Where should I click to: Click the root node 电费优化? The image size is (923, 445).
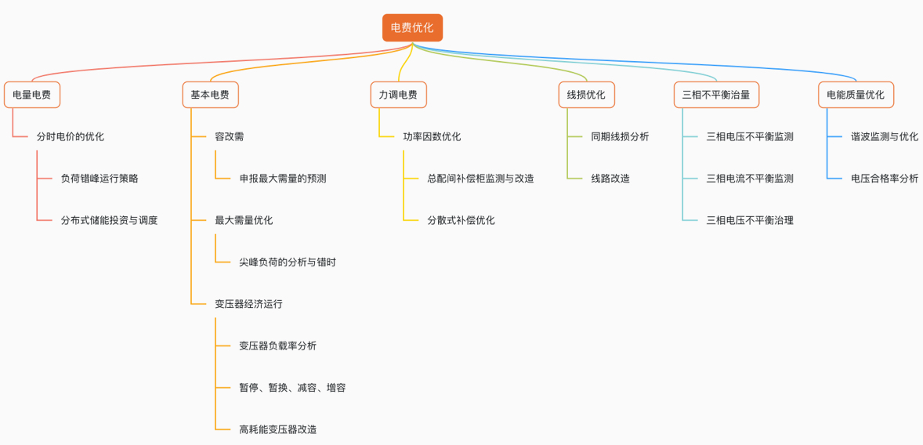click(x=412, y=27)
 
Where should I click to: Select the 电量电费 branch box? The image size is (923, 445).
click(x=32, y=95)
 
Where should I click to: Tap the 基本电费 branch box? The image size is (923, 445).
click(x=210, y=95)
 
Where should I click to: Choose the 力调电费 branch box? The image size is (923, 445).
click(x=398, y=95)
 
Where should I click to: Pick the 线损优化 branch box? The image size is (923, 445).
click(x=586, y=95)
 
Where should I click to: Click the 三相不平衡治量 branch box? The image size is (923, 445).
click(x=716, y=95)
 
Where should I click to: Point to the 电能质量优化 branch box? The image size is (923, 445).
click(x=856, y=95)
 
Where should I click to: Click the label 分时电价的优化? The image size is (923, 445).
click(x=71, y=136)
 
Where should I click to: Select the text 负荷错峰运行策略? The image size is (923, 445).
click(x=100, y=179)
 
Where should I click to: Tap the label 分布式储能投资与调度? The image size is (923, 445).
click(x=110, y=220)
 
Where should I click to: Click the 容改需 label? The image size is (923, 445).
click(x=230, y=136)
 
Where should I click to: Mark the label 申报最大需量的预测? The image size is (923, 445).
click(x=283, y=179)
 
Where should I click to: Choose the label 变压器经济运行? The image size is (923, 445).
click(x=249, y=304)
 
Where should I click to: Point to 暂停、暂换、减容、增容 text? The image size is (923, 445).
click(x=292, y=388)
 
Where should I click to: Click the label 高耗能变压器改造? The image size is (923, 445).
click(x=278, y=429)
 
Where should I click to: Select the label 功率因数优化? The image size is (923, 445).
click(x=432, y=136)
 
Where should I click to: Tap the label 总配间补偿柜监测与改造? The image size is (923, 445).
click(x=481, y=179)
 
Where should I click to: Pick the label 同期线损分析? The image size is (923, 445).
click(x=620, y=136)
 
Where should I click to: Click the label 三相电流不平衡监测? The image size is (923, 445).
click(x=750, y=179)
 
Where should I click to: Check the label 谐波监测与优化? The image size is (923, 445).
click(x=885, y=136)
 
